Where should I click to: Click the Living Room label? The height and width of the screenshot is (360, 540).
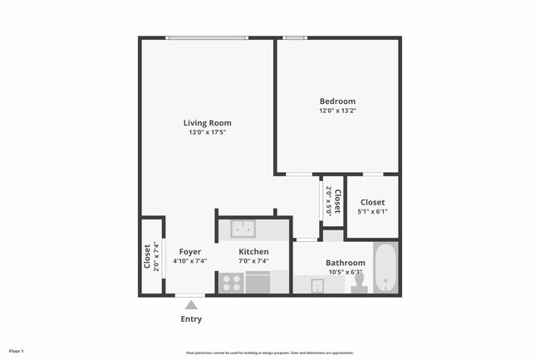tap(207, 123)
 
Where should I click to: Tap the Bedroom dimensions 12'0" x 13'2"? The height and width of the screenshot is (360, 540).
tap(337, 111)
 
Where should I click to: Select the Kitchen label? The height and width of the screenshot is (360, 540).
tap(253, 251)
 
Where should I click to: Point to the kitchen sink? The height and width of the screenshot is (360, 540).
tap(243, 228)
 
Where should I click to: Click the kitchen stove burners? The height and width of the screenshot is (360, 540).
tap(230, 284)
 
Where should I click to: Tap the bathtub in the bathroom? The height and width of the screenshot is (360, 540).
tap(385, 269)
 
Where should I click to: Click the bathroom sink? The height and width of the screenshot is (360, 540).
tap(317, 286)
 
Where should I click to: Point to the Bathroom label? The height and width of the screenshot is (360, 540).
tap(345, 263)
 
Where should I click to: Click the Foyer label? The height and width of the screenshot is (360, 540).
tap(190, 251)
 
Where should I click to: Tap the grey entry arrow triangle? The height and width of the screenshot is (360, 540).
tap(191, 305)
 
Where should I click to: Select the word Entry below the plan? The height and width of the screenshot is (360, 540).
tap(191, 318)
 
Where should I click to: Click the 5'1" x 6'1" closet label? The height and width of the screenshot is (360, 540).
tap(372, 211)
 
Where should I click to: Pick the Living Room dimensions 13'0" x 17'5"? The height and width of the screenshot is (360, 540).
tap(207, 132)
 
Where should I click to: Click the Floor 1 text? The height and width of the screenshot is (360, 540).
tap(17, 352)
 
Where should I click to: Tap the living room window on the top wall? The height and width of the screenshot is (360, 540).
tap(194, 37)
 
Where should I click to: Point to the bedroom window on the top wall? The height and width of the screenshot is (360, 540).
tap(295, 37)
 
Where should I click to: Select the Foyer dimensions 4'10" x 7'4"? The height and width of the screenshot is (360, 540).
tap(190, 261)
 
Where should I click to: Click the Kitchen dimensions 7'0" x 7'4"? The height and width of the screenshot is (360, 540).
tap(253, 261)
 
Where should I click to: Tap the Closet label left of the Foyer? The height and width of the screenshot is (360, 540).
tap(148, 256)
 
